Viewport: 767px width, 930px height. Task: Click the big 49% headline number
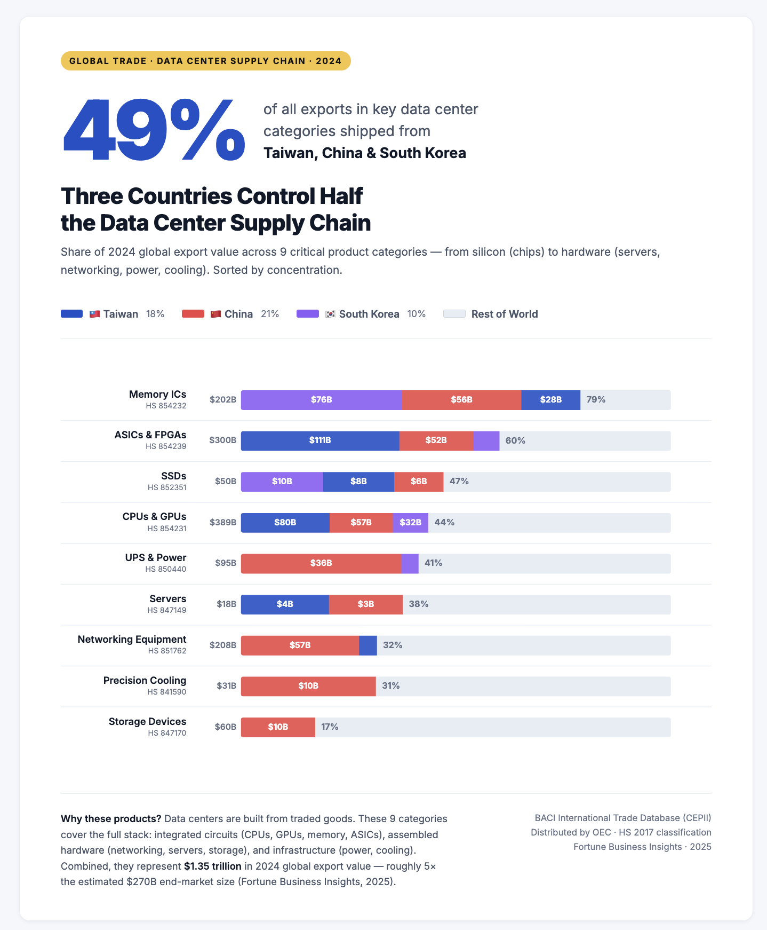pos(154,131)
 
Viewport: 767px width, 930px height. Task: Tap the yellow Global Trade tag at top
pos(205,61)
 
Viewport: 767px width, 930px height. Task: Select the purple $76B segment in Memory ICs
pos(321,400)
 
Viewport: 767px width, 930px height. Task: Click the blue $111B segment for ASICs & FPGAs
pos(320,440)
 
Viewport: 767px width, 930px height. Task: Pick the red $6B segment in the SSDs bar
pos(419,482)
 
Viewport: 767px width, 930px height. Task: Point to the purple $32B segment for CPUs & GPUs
pos(410,522)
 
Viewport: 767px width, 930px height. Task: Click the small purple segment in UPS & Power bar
pos(410,563)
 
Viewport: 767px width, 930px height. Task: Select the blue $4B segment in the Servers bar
pos(285,604)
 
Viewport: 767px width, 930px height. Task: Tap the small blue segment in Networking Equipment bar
pos(368,645)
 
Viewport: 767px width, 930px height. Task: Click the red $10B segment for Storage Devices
pos(278,727)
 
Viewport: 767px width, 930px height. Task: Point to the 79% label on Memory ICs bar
pos(596,400)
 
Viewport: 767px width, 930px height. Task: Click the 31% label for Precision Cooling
pos(391,686)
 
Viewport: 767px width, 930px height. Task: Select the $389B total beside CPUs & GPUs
pos(223,522)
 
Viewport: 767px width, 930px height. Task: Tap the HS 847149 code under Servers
pos(167,610)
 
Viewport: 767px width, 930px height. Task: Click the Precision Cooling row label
pos(145,680)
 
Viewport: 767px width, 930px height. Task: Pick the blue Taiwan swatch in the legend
pos(72,314)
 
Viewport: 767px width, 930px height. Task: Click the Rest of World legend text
pos(504,314)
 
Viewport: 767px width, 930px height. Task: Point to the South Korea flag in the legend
pos(331,314)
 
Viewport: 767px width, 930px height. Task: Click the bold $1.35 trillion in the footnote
pos(212,866)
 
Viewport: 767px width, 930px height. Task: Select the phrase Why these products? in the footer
pos(111,819)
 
